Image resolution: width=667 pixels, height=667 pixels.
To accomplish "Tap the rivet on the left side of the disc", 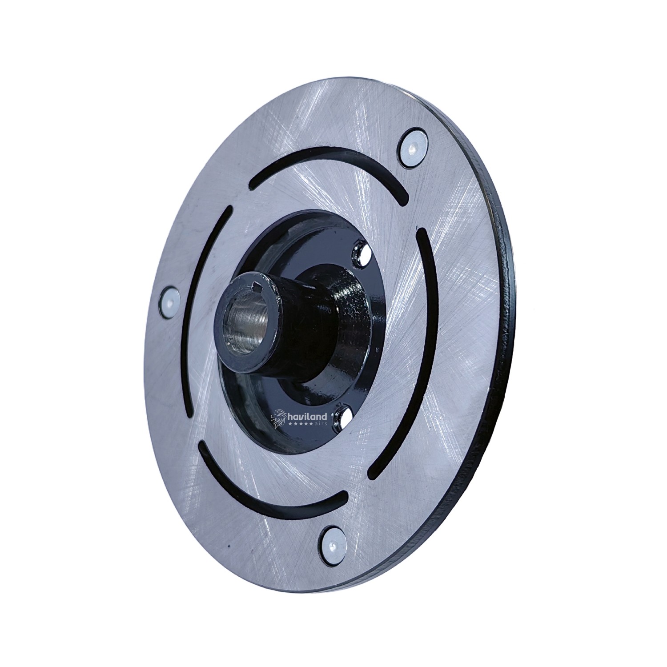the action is tap(169, 301).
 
